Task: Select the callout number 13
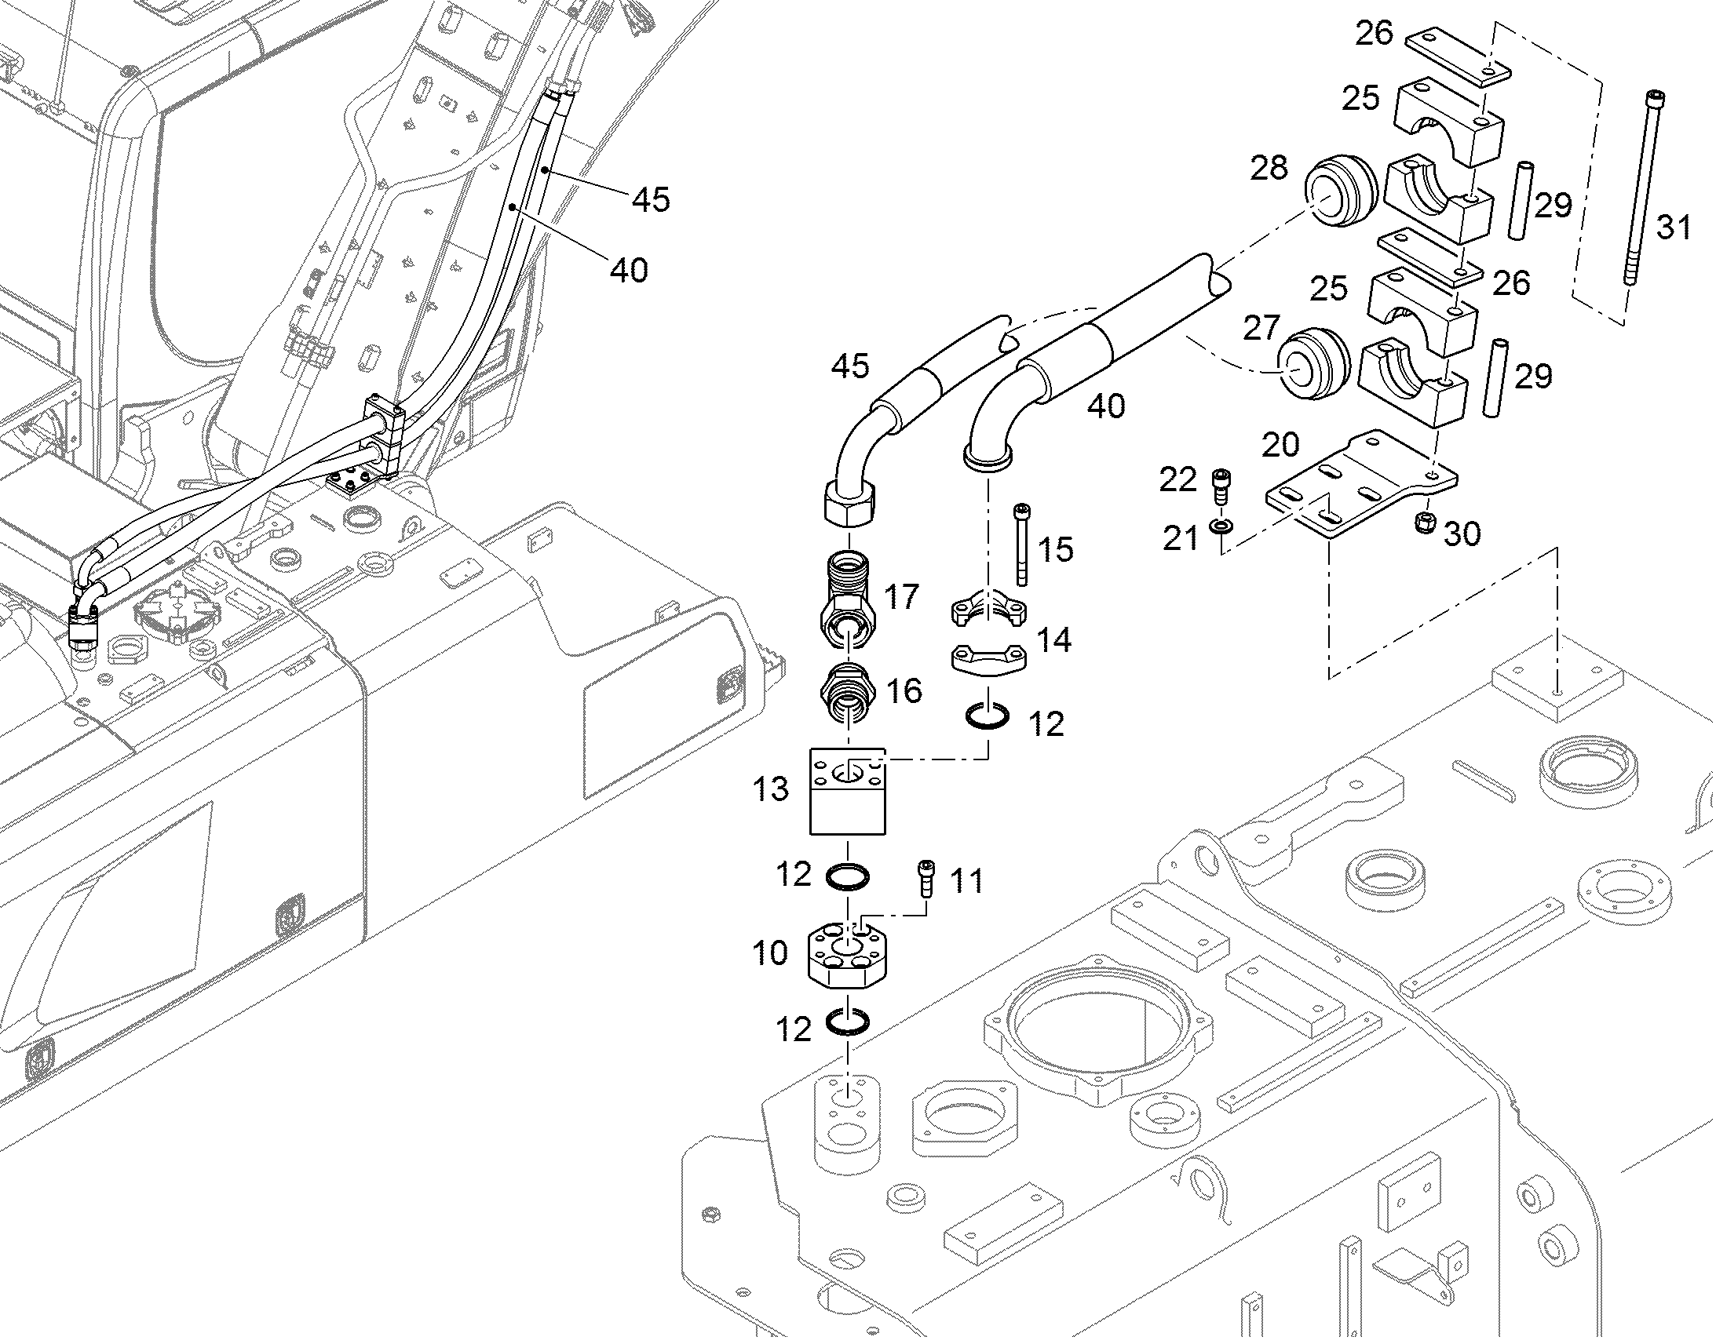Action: coord(770,789)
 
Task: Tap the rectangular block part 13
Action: coord(848,791)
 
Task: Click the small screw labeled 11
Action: coord(926,877)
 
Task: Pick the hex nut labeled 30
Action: coord(1423,521)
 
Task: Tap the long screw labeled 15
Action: coord(1022,545)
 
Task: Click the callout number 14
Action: coord(1053,639)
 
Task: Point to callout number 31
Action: coord(1674,228)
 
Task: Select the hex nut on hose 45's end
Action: coord(850,501)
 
